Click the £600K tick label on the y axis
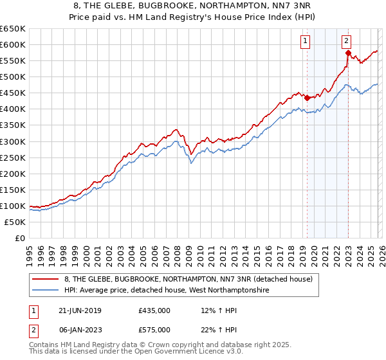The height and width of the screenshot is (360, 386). click(x=13, y=44)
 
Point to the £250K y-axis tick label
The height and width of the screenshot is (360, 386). click(x=13, y=157)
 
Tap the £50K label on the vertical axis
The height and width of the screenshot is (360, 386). click(x=15, y=222)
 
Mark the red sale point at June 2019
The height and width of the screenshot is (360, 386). click(x=307, y=98)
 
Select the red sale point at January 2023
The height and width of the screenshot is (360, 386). click(x=348, y=53)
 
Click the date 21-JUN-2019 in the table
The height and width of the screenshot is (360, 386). click(x=80, y=310)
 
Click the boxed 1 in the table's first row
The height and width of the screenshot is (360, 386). click(x=33, y=310)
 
